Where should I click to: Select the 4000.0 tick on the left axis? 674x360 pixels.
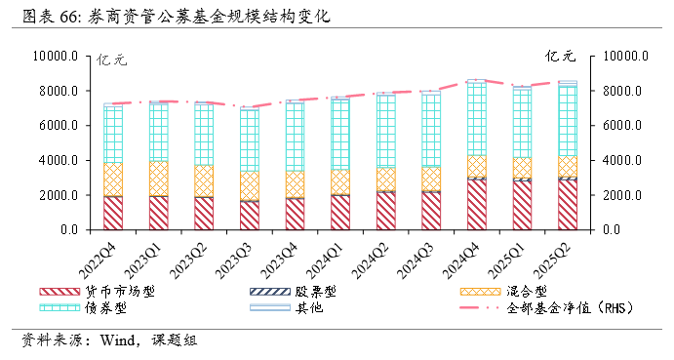click(59, 161)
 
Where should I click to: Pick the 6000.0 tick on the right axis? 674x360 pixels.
click(627, 126)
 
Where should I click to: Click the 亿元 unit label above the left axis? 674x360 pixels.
click(111, 60)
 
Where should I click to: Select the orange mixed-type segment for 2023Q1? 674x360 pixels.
click(158, 179)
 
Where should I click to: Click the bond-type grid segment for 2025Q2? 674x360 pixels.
click(567, 121)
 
